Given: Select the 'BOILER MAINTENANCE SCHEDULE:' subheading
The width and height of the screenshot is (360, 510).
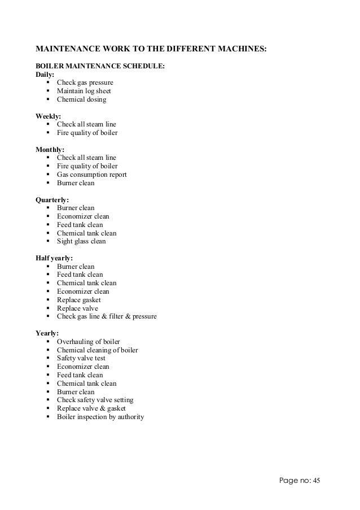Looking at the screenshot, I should click(x=100, y=66).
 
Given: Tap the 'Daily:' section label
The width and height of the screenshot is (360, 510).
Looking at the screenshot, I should click(x=46, y=75).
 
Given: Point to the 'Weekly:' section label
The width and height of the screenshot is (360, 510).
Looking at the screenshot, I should click(x=49, y=116).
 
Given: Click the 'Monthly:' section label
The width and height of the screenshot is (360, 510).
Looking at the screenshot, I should click(x=50, y=150).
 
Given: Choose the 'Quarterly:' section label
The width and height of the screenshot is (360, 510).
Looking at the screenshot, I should click(x=52, y=200).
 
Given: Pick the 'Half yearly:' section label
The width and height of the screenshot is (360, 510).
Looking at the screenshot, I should click(x=54, y=258).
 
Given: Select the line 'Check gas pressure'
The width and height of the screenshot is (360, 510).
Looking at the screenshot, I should click(x=85, y=83).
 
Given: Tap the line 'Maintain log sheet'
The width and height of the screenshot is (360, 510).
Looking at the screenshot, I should click(x=84, y=91).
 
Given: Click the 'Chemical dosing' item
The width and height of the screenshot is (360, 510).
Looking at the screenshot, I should click(x=81, y=100).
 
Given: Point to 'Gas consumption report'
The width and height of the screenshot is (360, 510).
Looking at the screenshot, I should click(x=91, y=175).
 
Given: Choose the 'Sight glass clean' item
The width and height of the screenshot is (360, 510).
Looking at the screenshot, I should click(x=81, y=242).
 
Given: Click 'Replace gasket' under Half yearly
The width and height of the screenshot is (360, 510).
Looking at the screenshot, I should click(x=78, y=300).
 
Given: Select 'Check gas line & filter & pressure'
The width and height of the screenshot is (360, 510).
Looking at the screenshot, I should click(x=107, y=317).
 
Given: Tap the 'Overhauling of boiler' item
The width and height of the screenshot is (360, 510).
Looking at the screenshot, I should click(x=88, y=342).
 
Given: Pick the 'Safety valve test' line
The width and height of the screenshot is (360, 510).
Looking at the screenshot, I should click(x=81, y=359).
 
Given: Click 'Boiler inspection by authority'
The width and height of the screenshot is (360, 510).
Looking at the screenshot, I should click(x=100, y=417).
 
